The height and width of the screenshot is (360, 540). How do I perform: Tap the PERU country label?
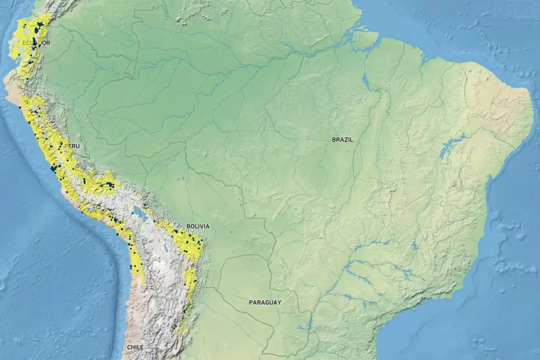click(x=72, y=146)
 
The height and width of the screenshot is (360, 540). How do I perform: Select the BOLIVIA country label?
click(x=198, y=226)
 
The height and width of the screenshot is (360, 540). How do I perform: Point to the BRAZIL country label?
click(x=343, y=139)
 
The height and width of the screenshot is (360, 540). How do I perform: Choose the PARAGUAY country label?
click(x=265, y=302)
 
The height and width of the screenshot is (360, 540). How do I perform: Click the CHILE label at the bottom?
click(x=135, y=347)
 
